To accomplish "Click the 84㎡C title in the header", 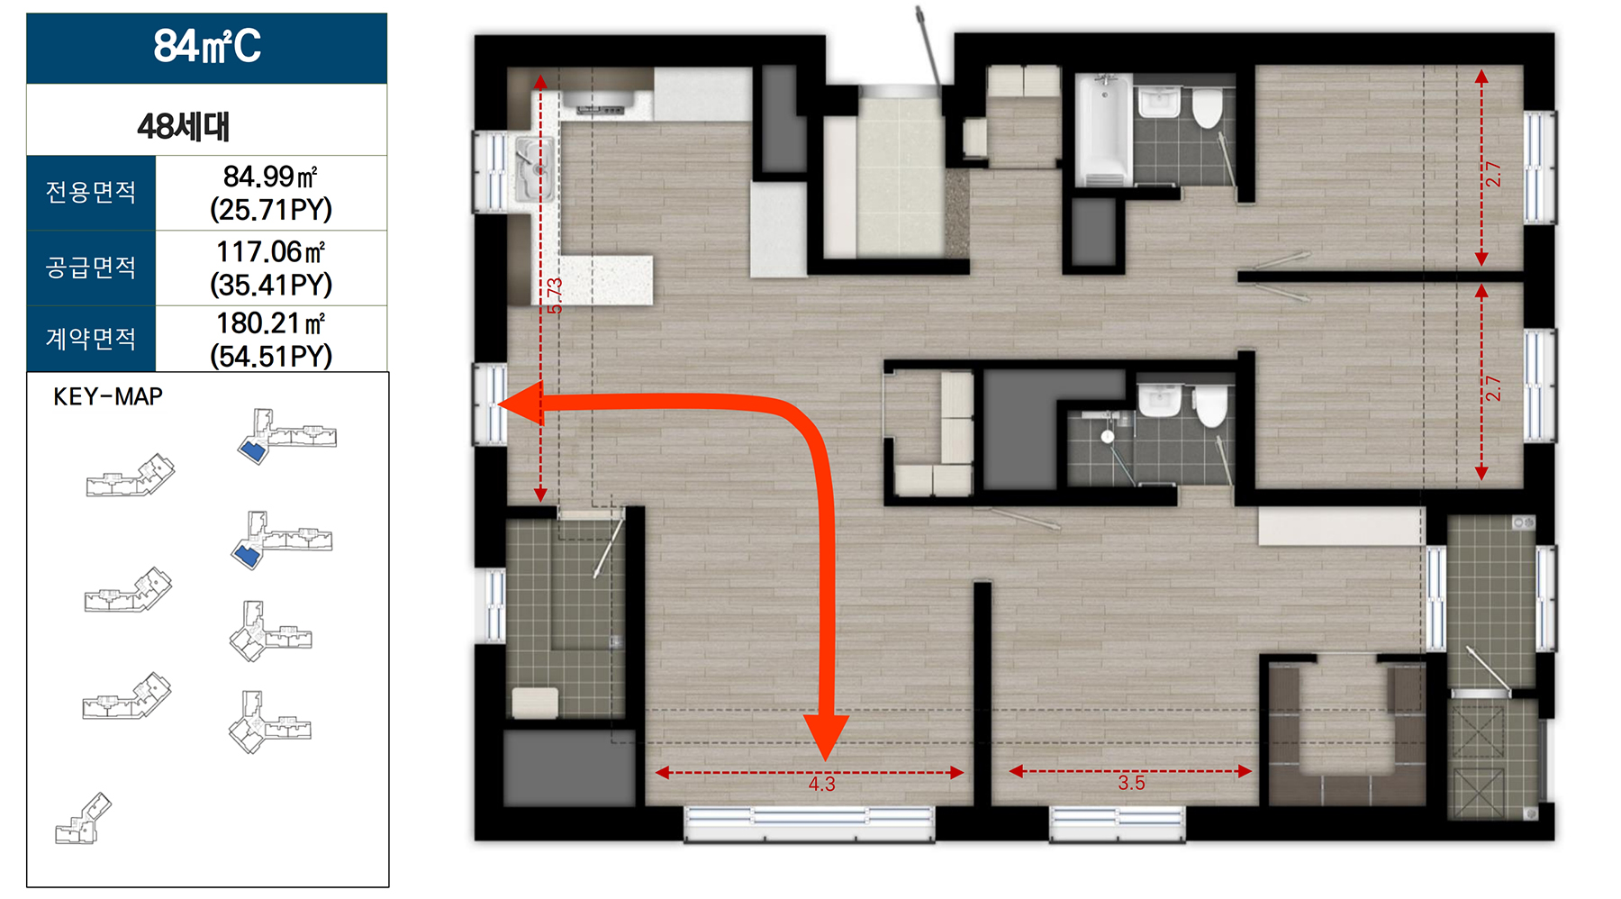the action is pyautogui.click(x=207, y=46).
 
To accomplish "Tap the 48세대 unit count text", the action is pyautogui.click(x=184, y=126).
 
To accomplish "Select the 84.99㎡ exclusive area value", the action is pyautogui.click(x=270, y=176).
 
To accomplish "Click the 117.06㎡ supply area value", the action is pyautogui.click(x=270, y=251).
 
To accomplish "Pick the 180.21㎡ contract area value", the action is pyautogui.click(x=270, y=322).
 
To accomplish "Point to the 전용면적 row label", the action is pyautogui.click(x=91, y=192).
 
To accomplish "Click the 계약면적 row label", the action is pyautogui.click(x=91, y=339).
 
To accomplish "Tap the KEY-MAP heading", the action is pyautogui.click(x=108, y=396).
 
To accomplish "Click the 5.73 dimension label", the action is pyautogui.click(x=555, y=295).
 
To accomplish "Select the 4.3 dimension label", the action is pyautogui.click(x=821, y=784).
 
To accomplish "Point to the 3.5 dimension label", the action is pyautogui.click(x=1131, y=783).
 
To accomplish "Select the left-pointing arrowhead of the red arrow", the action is pyautogui.click(x=521, y=404).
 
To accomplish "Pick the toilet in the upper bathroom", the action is pyautogui.click(x=1208, y=107).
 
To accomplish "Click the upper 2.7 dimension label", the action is pyautogui.click(x=1493, y=173).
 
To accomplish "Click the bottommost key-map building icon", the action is pyautogui.click(x=83, y=819).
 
